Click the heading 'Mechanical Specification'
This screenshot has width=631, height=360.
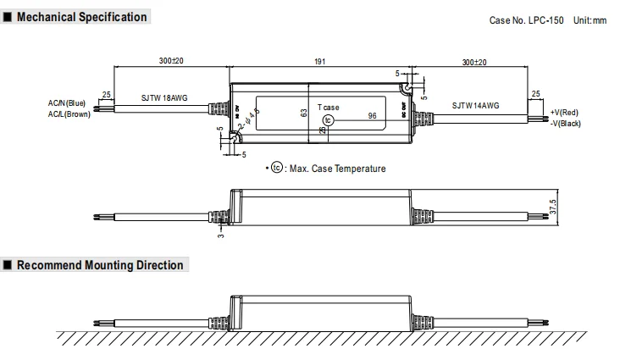81,18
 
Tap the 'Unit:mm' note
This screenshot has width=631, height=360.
590,19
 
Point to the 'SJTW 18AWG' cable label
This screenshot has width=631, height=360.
164,98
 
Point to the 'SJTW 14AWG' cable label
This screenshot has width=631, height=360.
475,106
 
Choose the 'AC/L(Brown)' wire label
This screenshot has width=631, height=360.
69,114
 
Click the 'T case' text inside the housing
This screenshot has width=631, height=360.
329,108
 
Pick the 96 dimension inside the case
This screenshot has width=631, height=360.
372,115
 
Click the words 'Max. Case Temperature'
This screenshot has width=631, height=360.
337,169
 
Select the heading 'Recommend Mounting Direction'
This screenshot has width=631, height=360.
100,265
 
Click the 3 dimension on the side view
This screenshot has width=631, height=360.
219,233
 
